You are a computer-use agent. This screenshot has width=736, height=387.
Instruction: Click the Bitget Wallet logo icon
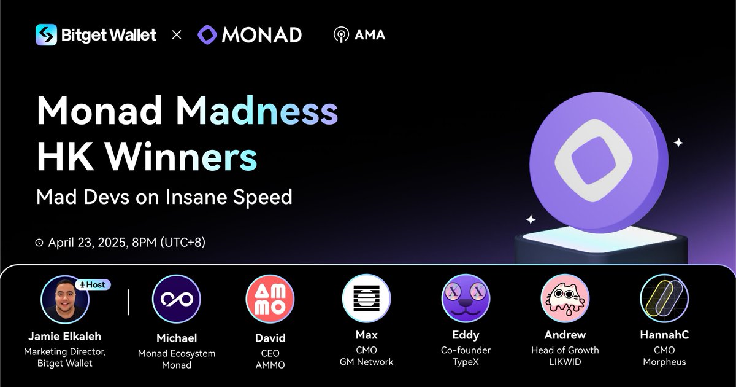(x=47, y=34)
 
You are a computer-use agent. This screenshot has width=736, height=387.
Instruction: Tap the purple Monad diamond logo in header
(x=208, y=34)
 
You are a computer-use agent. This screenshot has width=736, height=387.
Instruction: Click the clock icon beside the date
(x=40, y=243)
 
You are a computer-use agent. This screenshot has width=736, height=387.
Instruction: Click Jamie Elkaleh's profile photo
(x=65, y=299)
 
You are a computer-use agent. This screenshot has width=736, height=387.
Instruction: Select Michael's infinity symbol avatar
(x=177, y=299)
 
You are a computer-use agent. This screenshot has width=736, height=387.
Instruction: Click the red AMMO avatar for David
(x=270, y=299)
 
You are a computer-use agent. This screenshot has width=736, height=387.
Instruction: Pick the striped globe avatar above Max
(x=366, y=298)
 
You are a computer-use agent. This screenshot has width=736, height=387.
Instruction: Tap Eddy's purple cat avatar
(x=466, y=298)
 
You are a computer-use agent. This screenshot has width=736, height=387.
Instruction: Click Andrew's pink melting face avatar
(x=565, y=298)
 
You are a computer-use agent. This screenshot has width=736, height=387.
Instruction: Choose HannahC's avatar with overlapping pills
(x=664, y=298)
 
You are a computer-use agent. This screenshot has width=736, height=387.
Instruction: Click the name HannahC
(x=664, y=335)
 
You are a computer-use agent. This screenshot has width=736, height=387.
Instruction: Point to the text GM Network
(x=366, y=362)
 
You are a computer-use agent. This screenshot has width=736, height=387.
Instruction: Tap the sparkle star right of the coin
(x=678, y=143)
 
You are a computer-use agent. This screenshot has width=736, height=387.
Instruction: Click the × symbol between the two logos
(x=177, y=35)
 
